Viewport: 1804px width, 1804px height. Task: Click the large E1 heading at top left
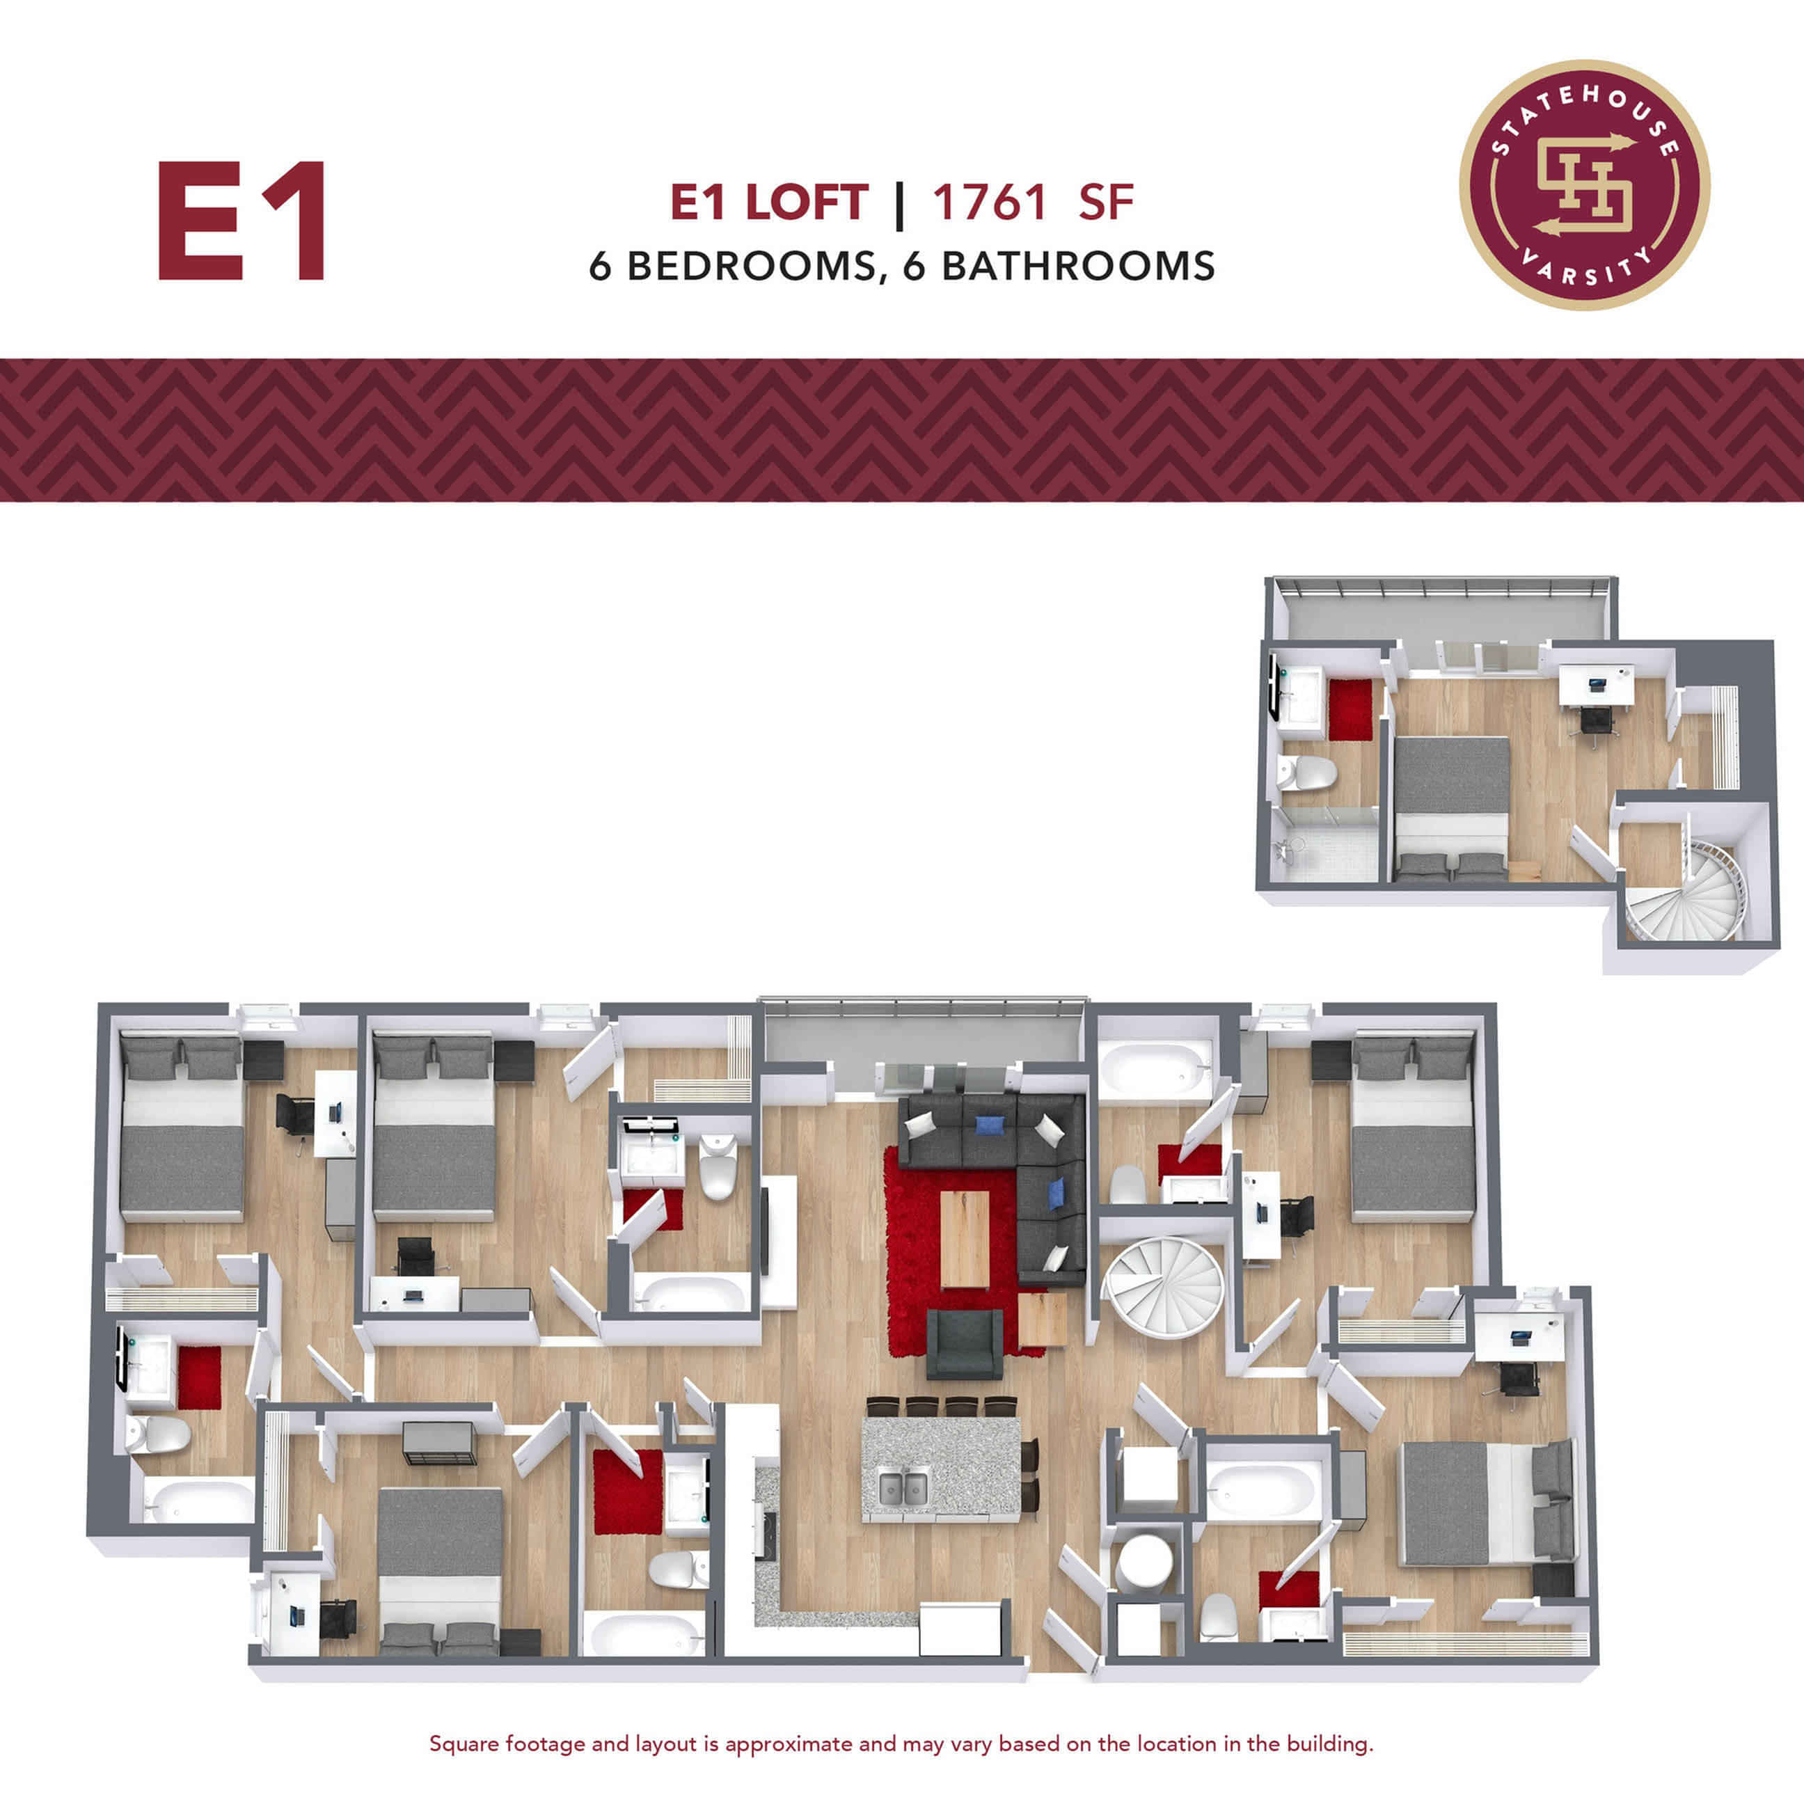click(241, 221)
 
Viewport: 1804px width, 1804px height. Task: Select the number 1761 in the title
click(989, 203)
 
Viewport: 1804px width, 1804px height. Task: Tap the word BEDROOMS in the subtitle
click(752, 266)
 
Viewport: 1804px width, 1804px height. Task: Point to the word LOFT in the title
click(807, 203)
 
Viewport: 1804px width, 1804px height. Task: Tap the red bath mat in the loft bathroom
click(1350, 710)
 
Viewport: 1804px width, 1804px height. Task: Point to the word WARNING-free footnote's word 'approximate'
click(789, 1743)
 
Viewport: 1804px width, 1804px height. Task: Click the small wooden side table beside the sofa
click(1042, 1318)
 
